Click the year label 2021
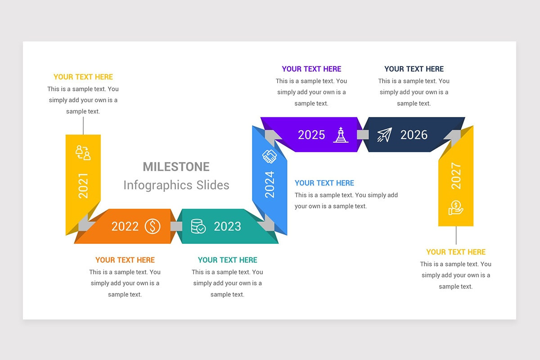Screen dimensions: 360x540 (x=83, y=186)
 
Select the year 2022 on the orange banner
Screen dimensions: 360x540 (x=125, y=226)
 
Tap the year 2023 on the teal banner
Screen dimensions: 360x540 (x=227, y=226)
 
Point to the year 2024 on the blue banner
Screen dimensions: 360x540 (x=270, y=184)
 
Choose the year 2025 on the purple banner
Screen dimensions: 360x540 (x=311, y=135)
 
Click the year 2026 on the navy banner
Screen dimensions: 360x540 (x=414, y=135)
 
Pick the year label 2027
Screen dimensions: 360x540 (x=456, y=176)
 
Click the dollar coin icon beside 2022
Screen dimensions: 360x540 (x=153, y=226)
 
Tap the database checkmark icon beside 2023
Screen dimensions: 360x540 (x=198, y=226)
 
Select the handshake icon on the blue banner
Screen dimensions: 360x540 (x=270, y=157)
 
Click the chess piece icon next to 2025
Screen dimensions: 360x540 (x=341, y=135)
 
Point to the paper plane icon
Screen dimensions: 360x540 (x=385, y=135)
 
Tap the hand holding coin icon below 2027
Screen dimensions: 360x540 (x=456, y=207)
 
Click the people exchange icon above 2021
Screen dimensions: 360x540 (x=83, y=153)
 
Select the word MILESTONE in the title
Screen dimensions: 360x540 (x=176, y=167)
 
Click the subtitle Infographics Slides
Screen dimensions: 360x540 (x=176, y=185)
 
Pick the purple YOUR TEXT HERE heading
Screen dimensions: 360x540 (x=311, y=69)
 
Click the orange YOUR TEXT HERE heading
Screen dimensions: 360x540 (x=125, y=260)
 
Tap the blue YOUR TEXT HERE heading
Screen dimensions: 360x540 (x=324, y=183)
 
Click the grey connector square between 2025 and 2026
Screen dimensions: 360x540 (x=363, y=135)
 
